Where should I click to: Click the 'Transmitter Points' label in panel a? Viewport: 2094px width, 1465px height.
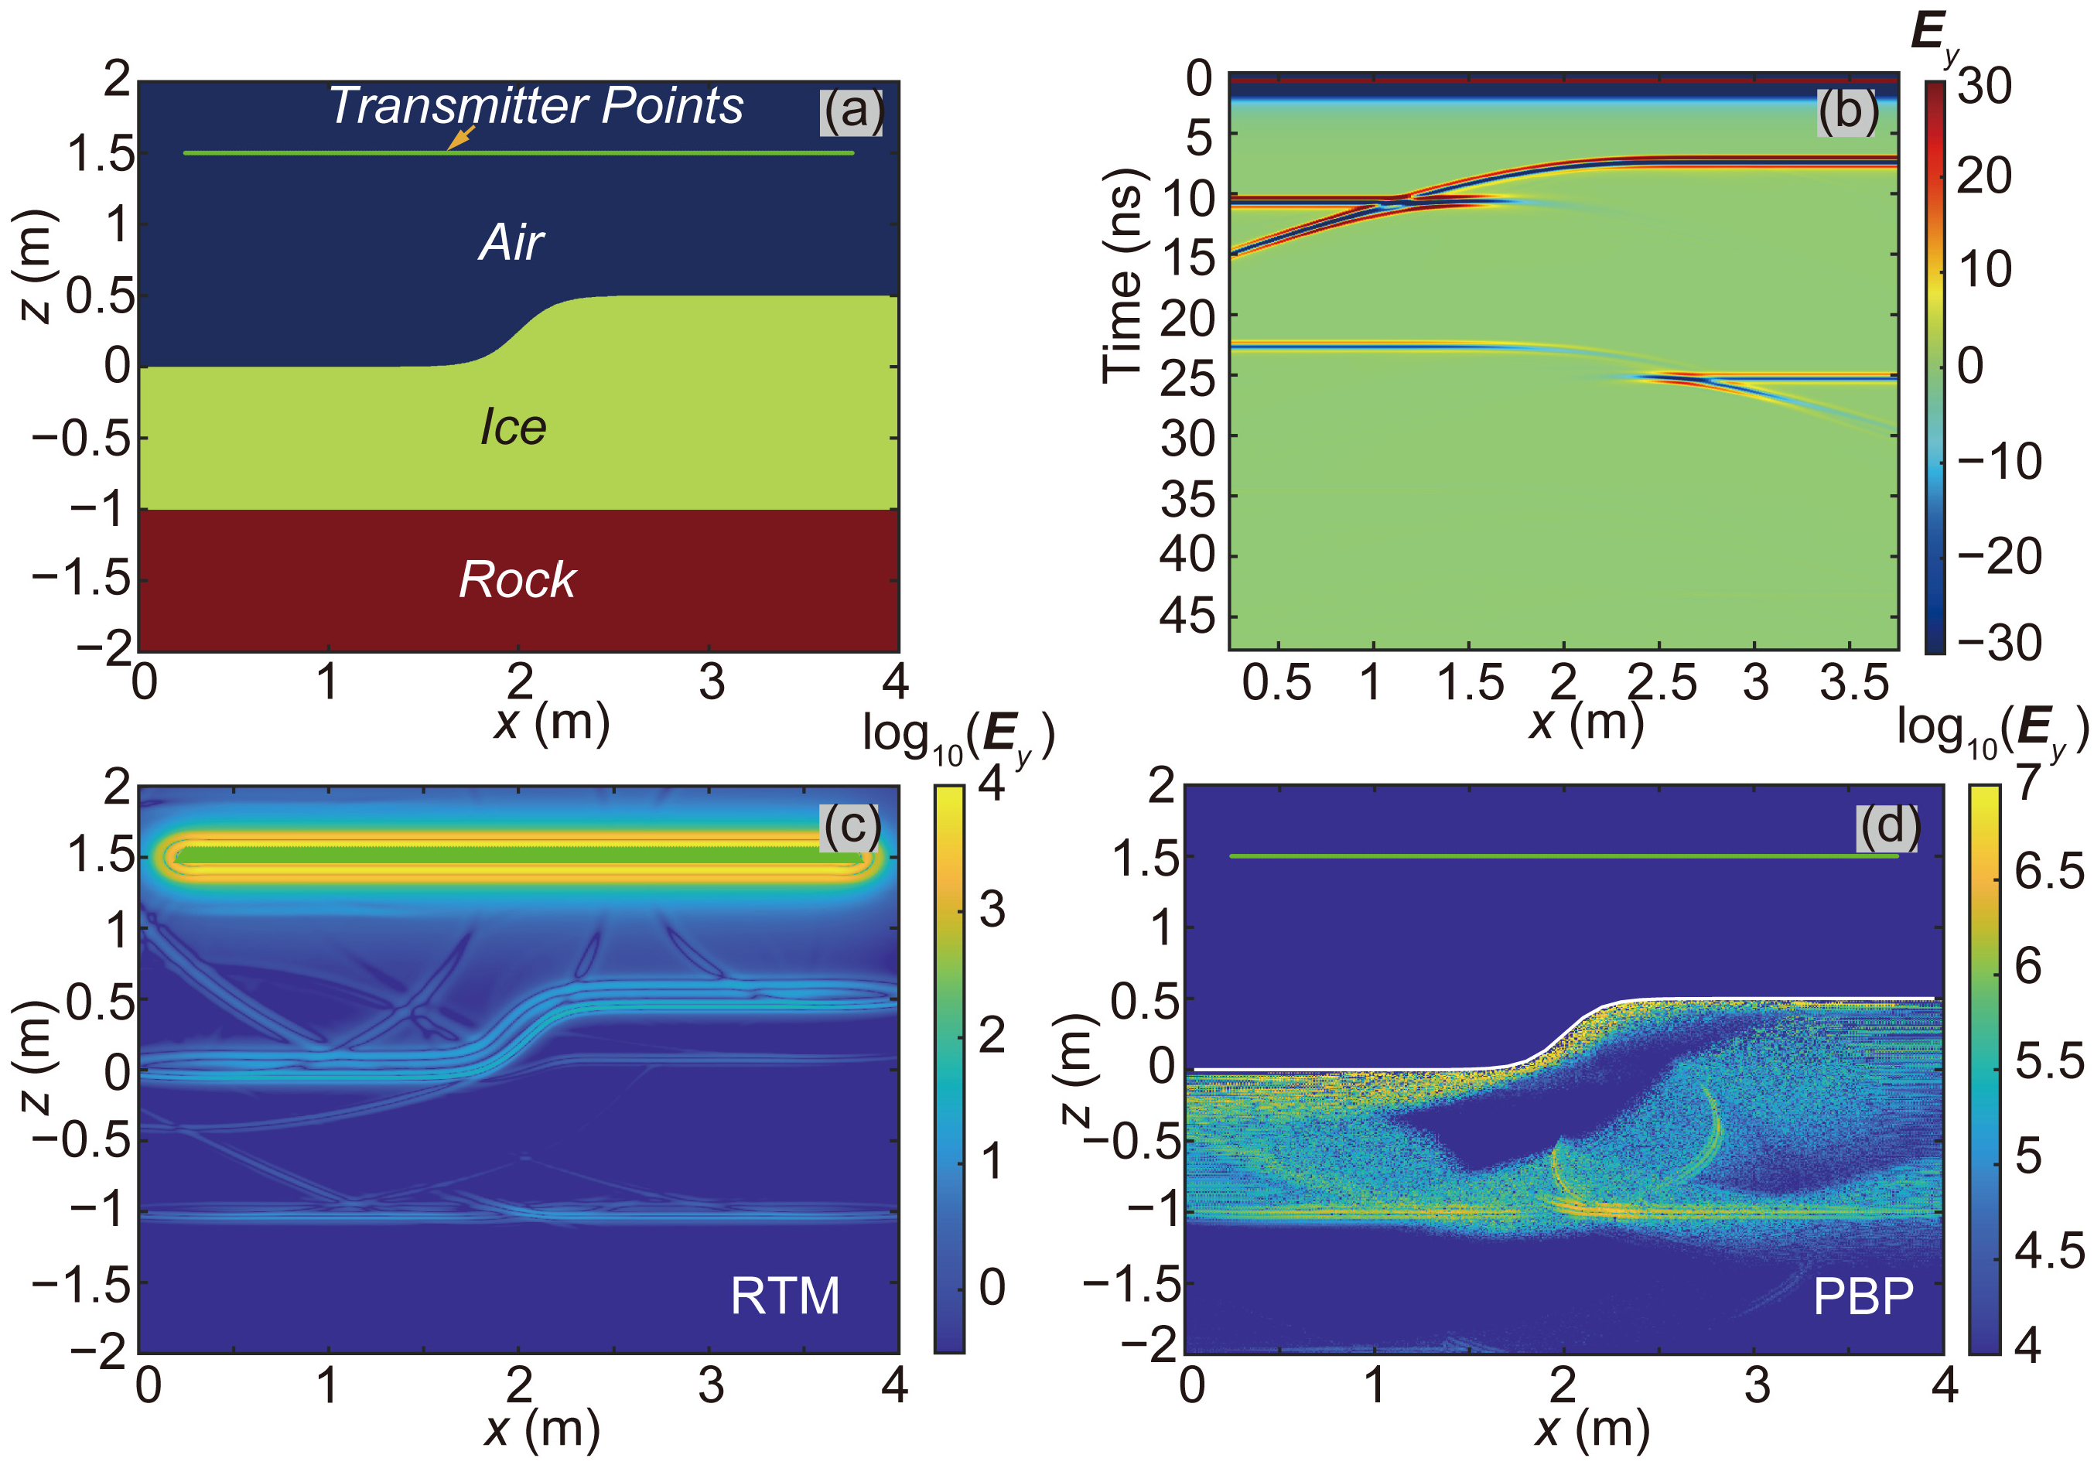pos(536,106)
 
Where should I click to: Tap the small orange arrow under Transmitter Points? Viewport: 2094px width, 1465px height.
pos(460,138)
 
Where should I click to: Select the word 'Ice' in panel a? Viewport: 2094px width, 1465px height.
pos(513,427)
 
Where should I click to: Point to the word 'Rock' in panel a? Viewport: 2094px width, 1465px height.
pos(517,579)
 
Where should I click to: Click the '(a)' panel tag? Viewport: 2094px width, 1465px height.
pos(852,111)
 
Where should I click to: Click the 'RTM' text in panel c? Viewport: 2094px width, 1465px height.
pos(784,1296)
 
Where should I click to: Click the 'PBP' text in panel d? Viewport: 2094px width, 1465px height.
pos(1863,1296)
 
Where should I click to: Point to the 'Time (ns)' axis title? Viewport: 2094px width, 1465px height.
pos(1122,275)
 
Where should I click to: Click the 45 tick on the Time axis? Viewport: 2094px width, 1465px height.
pos(1187,617)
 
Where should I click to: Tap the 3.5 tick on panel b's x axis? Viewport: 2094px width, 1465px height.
pos(1853,682)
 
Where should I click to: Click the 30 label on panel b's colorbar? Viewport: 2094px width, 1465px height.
pos(1985,87)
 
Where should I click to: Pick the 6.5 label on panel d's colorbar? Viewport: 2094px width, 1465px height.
pos(2048,872)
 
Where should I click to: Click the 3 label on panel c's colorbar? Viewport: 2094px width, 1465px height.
pos(992,909)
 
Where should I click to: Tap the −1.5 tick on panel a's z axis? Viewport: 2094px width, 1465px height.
pos(82,579)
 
